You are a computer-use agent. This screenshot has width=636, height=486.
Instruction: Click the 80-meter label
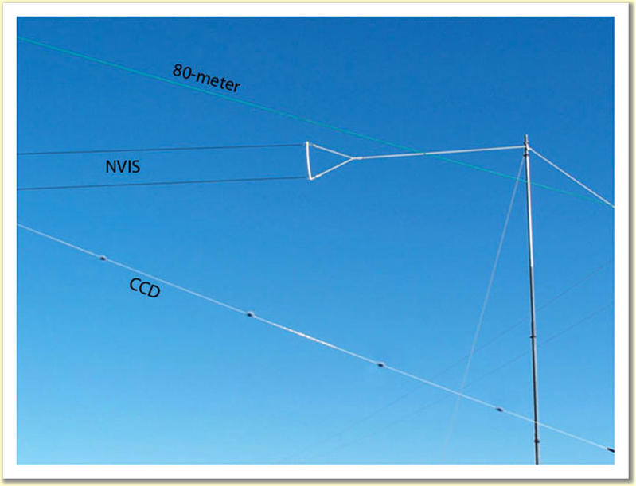click(206, 77)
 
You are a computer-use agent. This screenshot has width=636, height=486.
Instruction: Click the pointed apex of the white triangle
click(352, 158)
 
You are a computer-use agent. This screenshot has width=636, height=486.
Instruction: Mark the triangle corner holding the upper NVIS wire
click(307, 144)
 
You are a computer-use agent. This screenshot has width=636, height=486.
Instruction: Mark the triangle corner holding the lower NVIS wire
click(310, 177)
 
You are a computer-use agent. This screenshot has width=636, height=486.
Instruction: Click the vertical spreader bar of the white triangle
click(309, 161)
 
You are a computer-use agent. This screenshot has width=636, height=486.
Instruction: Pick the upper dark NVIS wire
click(159, 149)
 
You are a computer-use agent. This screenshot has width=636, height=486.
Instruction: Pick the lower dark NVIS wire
click(159, 183)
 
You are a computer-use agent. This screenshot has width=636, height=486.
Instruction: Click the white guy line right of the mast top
click(569, 176)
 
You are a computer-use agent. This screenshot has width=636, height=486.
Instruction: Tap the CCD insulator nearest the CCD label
click(103, 258)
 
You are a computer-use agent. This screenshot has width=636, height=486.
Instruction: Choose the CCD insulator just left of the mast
click(499, 410)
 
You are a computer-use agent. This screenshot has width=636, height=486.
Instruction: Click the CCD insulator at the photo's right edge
click(611, 450)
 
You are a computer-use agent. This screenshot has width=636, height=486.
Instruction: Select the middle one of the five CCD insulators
click(380, 365)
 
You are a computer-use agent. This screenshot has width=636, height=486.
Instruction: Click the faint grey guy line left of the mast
click(486, 302)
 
